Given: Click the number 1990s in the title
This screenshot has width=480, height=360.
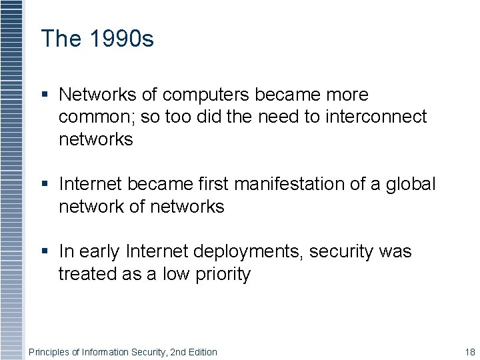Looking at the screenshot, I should [x=122, y=39].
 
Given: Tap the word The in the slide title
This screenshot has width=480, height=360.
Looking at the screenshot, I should [x=61, y=39].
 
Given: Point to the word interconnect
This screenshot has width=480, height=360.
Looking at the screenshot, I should [x=376, y=117].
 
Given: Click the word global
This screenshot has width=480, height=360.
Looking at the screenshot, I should [x=411, y=184].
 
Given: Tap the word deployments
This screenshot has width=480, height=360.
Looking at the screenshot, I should [x=231, y=252].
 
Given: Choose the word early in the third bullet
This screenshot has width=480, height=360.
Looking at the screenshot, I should [x=99, y=252].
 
